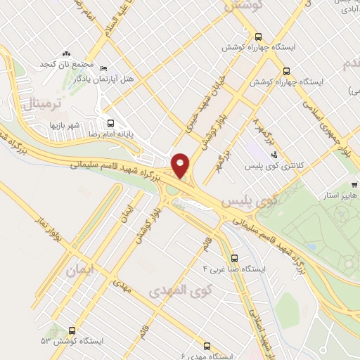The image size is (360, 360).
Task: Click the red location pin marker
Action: [180, 165]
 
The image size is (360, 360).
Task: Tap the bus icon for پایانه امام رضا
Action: [108, 121]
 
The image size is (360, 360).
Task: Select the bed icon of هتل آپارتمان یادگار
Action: [104, 68]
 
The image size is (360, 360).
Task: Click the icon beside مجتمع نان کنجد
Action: [67, 53]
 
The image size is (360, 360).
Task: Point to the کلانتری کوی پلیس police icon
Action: [274, 155]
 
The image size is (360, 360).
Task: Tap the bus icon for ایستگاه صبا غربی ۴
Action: [234, 257]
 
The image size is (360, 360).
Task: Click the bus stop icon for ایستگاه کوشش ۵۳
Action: [73, 330]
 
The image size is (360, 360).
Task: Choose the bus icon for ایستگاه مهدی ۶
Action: [206, 346]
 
